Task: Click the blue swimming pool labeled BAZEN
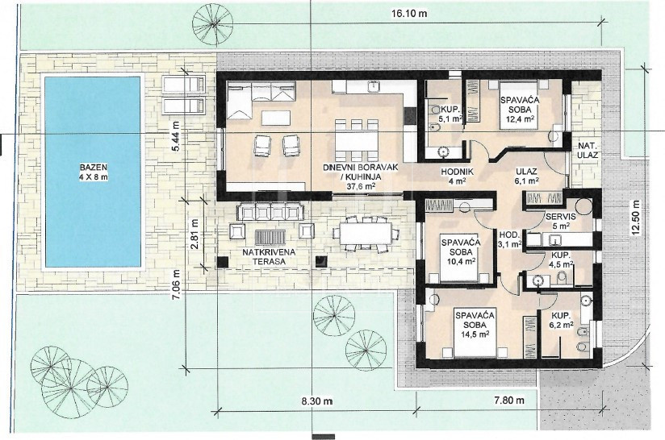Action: pos(93,172)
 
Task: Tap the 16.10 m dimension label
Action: pos(409,14)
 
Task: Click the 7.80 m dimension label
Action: pos(508,400)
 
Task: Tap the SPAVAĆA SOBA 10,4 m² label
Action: pos(461,252)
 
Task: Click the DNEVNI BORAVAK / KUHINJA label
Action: pos(361,176)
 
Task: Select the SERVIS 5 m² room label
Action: pos(561,221)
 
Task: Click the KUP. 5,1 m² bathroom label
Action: pos(450,114)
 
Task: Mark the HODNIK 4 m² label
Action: pos(457,176)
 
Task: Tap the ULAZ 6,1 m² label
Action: pos(527,176)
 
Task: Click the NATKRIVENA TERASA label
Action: pos(269,256)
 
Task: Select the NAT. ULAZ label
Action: pos(588,151)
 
